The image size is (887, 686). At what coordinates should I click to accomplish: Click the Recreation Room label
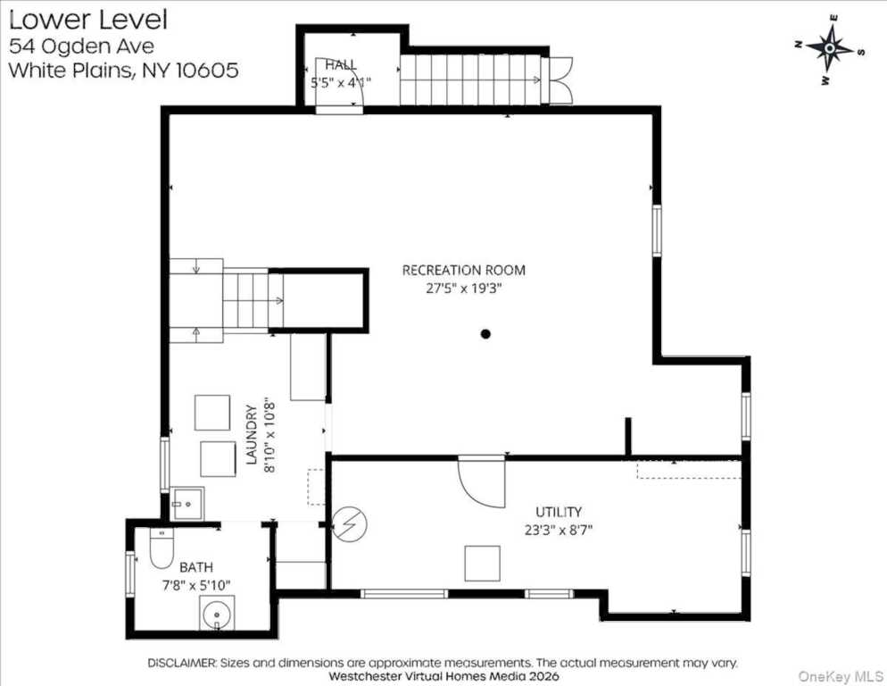tap(463, 271)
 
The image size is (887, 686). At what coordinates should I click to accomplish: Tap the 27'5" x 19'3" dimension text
tap(464, 289)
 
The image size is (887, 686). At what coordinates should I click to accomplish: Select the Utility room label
tap(559, 512)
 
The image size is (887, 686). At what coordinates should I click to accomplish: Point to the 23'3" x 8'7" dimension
tap(559, 531)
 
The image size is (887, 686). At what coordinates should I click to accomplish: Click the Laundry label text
tap(252, 434)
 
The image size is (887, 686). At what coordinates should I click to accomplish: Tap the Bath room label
tap(196, 567)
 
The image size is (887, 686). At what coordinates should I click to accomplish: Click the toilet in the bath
tap(162, 548)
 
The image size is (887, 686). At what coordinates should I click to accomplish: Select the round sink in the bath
tap(217, 614)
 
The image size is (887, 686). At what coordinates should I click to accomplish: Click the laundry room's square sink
tap(187, 504)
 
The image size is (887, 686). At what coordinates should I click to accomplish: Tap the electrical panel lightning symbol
tap(349, 524)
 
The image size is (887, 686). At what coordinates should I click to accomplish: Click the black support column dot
tap(485, 334)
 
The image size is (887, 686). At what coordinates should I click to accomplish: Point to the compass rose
tap(829, 49)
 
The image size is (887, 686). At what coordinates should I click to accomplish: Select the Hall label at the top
tap(341, 64)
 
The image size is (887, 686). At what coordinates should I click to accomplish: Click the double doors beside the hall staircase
tap(560, 80)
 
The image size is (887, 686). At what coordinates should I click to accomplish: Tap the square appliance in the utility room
tap(482, 563)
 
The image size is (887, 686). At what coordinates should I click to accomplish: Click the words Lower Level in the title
tap(88, 20)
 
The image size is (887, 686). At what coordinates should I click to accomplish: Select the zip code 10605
tap(207, 71)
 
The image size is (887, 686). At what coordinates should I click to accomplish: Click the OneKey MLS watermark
tap(840, 676)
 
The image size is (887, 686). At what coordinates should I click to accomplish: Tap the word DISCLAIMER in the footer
tap(182, 663)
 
